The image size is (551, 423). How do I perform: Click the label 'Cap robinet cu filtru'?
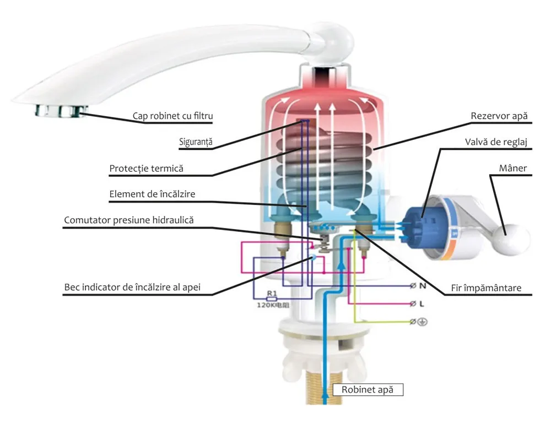point(172,116)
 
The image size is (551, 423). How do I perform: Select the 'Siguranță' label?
point(196,142)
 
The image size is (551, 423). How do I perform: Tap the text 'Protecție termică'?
point(146,168)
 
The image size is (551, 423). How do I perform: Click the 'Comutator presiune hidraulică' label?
point(129,220)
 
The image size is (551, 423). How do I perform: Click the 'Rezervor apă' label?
point(499,116)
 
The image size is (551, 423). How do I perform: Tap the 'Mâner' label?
point(516,169)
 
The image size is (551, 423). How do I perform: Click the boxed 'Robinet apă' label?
point(368,389)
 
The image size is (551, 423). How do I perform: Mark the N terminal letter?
point(423,286)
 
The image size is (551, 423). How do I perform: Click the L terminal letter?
point(423,303)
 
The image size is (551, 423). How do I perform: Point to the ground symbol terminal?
point(423,321)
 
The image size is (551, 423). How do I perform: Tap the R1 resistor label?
point(271,294)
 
